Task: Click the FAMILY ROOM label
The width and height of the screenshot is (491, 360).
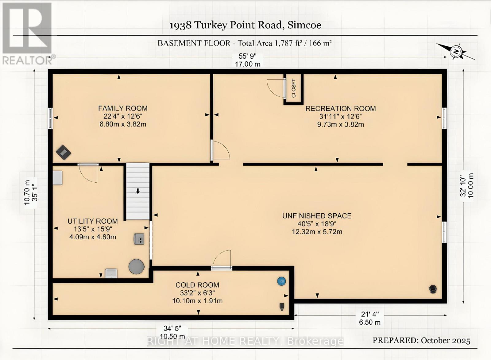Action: (x=123, y=108)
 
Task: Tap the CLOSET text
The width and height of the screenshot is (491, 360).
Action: (x=294, y=88)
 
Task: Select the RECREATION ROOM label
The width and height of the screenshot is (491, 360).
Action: (x=340, y=109)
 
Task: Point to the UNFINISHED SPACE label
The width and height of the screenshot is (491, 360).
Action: (x=317, y=216)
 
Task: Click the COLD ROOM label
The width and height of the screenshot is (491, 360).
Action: (x=197, y=285)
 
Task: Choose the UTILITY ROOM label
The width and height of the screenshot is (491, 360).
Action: (x=92, y=221)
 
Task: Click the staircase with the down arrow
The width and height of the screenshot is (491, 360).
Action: (x=138, y=191)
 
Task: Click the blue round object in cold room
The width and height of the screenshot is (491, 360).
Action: (x=281, y=281)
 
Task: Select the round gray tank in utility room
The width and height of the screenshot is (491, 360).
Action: (x=136, y=266)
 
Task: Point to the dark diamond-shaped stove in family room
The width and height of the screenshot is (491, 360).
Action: (x=64, y=152)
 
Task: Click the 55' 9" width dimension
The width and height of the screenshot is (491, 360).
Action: (x=247, y=56)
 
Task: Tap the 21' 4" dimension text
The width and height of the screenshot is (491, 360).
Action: (x=370, y=314)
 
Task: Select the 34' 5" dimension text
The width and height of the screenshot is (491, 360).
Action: (x=172, y=329)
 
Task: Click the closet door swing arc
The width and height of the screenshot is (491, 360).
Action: (x=275, y=88)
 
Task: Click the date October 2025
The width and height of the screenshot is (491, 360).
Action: (x=445, y=340)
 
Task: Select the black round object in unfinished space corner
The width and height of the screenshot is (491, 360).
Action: (x=433, y=289)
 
